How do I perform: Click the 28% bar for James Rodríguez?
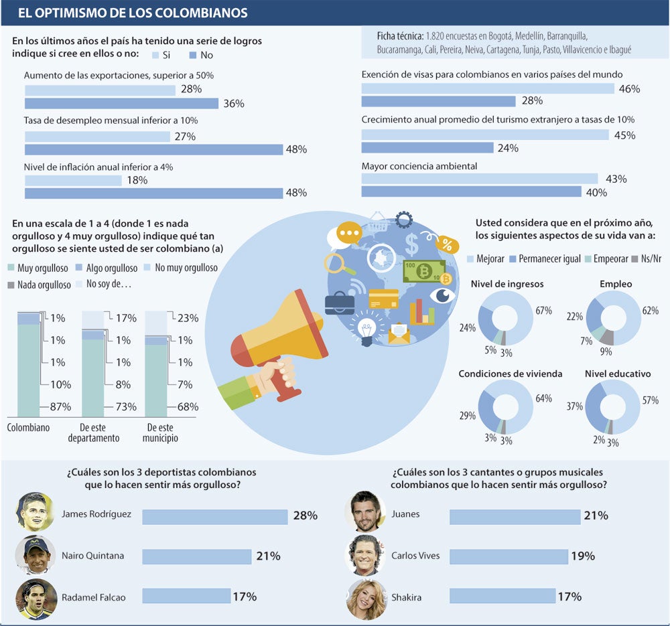click(215, 516)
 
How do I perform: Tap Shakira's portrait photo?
click(365, 599)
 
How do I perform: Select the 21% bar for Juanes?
click(515, 516)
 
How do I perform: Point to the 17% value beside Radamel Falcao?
click(244, 597)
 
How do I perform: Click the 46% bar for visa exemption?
click(488, 88)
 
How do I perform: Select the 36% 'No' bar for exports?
click(121, 103)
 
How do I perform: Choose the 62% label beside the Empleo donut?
click(651, 311)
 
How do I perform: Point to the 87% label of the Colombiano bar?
click(57, 406)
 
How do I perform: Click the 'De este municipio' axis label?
click(160, 433)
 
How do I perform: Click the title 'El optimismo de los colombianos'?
click(132, 13)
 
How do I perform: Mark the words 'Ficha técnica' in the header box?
click(400, 35)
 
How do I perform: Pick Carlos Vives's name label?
click(415, 556)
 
